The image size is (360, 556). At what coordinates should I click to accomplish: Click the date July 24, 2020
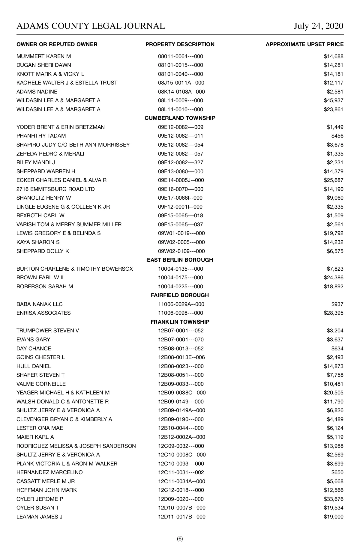click(319, 26)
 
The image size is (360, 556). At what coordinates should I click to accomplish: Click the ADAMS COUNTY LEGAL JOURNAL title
click(91, 26)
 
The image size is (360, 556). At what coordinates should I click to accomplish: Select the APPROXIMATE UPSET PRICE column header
click(304, 44)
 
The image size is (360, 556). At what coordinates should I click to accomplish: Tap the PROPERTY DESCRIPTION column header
click(180, 44)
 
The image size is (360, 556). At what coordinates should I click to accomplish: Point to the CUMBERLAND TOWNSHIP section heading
click(180, 118)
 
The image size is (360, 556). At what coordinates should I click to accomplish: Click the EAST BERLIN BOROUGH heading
click(180, 260)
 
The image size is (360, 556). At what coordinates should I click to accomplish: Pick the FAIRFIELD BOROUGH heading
click(180, 295)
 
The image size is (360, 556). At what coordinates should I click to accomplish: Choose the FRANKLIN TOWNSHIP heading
click(180, 322)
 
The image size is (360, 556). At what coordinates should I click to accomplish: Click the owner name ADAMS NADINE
click(37, 92)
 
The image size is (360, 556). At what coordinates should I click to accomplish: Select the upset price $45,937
click(334, 100)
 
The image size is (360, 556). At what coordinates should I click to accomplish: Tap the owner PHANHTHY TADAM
click(41, 136)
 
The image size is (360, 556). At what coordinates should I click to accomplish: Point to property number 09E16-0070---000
click(181, 189)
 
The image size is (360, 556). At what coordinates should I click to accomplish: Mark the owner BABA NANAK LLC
click(40, 304)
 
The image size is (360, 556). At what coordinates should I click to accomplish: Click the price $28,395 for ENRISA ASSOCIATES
click(334, 313)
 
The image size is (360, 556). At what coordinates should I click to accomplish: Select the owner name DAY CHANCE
click(34, 349)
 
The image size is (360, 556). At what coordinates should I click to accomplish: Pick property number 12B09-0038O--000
click(182, 393)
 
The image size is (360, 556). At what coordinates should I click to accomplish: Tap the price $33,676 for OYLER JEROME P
click(334, 499)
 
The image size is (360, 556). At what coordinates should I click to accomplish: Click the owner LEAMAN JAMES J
click(39, 517)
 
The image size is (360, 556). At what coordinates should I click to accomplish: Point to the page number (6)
click(180, 539)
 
